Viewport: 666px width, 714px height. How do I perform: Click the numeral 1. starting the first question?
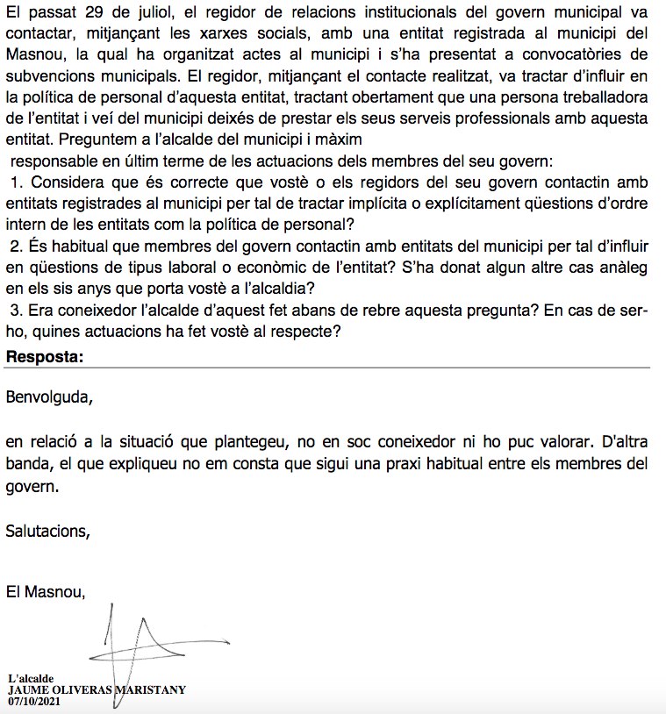pos(17,181)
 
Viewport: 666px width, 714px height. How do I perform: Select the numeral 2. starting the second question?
pos(17,245)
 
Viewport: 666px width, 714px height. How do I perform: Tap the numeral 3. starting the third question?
pos(17,309)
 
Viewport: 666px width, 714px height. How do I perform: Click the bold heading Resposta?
pos(45,356)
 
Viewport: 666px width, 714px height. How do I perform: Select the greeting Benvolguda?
pos(48,396)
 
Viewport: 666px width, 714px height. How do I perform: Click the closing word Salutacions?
pos(47,530)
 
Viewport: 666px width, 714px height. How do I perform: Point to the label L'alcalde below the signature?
pos(32,679)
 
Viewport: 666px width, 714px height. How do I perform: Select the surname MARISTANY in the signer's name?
pos(147,689)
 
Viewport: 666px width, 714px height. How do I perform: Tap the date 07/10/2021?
pos(34,701)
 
